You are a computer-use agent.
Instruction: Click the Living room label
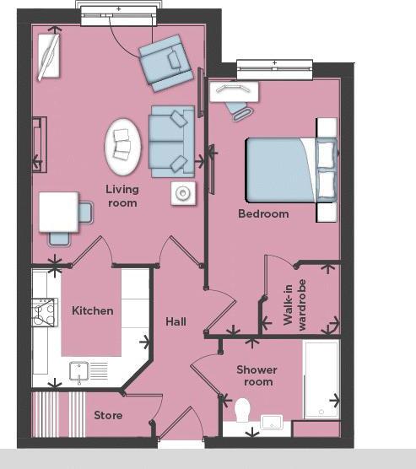122,197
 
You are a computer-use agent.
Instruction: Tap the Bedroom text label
262,214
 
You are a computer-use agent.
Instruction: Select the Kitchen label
92,310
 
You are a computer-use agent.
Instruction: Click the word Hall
176,322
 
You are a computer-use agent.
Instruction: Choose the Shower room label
256,376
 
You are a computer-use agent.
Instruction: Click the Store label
108,415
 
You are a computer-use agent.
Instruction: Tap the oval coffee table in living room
123,146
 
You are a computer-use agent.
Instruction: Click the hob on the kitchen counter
44,314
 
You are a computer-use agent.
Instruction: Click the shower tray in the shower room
321,380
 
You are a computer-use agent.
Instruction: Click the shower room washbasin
274,421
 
